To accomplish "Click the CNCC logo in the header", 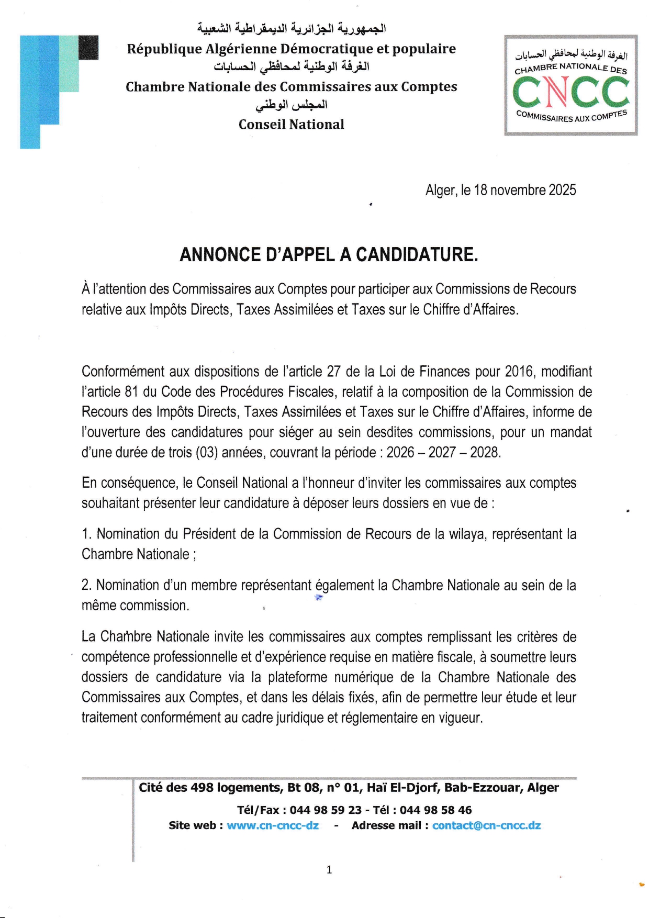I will point(570,85).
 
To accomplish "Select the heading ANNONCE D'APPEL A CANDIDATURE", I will point(329,255).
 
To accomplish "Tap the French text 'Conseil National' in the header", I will point(292,125).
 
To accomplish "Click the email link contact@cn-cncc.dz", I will point(486,825).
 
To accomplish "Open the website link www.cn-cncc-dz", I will point(272,825).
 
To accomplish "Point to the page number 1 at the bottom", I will point(329,870).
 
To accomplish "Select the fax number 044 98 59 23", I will point(326,810).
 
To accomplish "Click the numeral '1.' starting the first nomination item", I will point(87,534).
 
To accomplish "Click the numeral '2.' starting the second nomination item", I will point(87,585).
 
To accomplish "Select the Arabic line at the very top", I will point(292,28).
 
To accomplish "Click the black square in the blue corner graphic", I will point(88,47).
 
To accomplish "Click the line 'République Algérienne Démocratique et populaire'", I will point(292,49).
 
